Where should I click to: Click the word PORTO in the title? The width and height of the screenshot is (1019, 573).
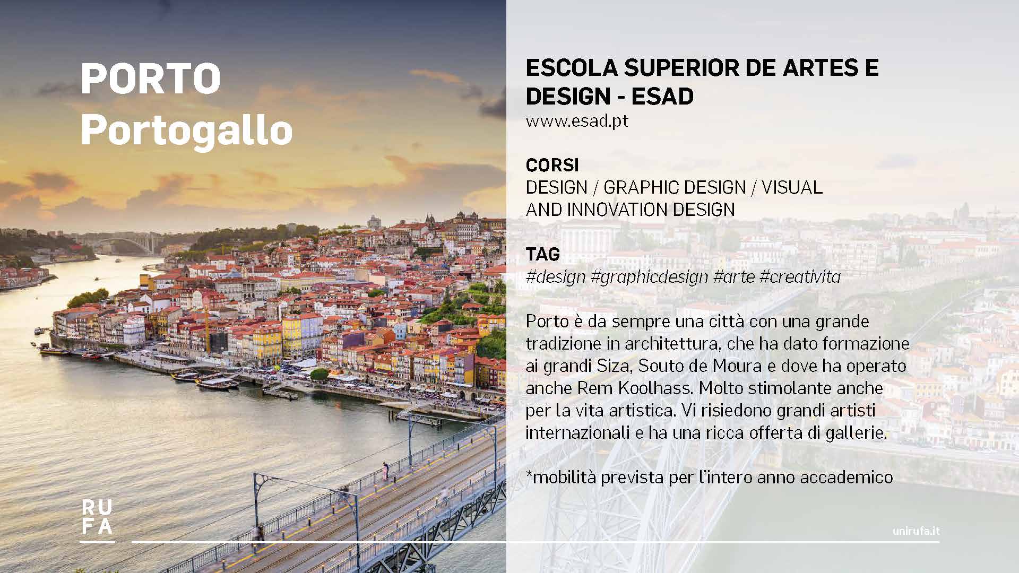151,79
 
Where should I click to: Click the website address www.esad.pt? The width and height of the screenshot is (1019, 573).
577,121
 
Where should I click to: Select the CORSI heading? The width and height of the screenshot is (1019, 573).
552,165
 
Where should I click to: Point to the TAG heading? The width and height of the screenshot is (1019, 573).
542,254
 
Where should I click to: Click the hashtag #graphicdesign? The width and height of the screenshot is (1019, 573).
649,277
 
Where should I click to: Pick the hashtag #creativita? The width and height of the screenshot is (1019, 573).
800,276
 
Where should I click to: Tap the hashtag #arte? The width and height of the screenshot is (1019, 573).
734,276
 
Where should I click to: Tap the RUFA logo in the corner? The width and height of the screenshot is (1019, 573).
97,518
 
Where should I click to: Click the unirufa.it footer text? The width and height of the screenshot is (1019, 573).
916,531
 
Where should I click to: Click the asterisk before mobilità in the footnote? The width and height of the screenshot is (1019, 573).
529,475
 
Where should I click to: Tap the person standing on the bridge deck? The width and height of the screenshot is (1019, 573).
385,471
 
